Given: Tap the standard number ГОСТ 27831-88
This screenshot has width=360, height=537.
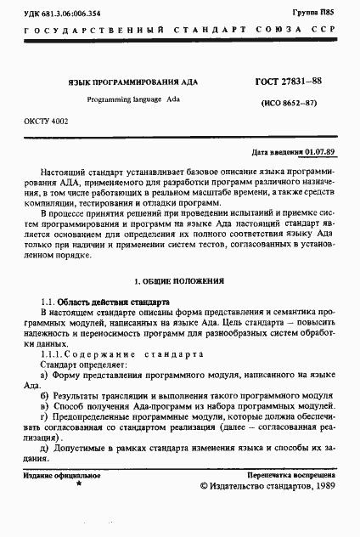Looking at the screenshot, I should tap(288, 81).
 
